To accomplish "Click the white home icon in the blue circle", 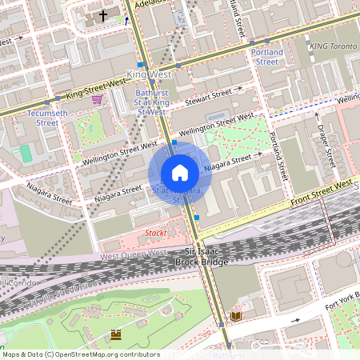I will [180, 173].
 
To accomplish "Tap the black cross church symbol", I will [102, 15].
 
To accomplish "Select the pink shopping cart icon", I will [97, 99].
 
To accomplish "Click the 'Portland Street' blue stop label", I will [266, 56].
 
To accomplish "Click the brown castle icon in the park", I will [115, 333].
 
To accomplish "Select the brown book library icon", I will [235, 317].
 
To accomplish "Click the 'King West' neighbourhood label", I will [149, 74].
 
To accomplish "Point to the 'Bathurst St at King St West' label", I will [149, 102].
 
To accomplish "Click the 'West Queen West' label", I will [134, 254].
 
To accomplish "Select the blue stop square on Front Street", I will [197, 217].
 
